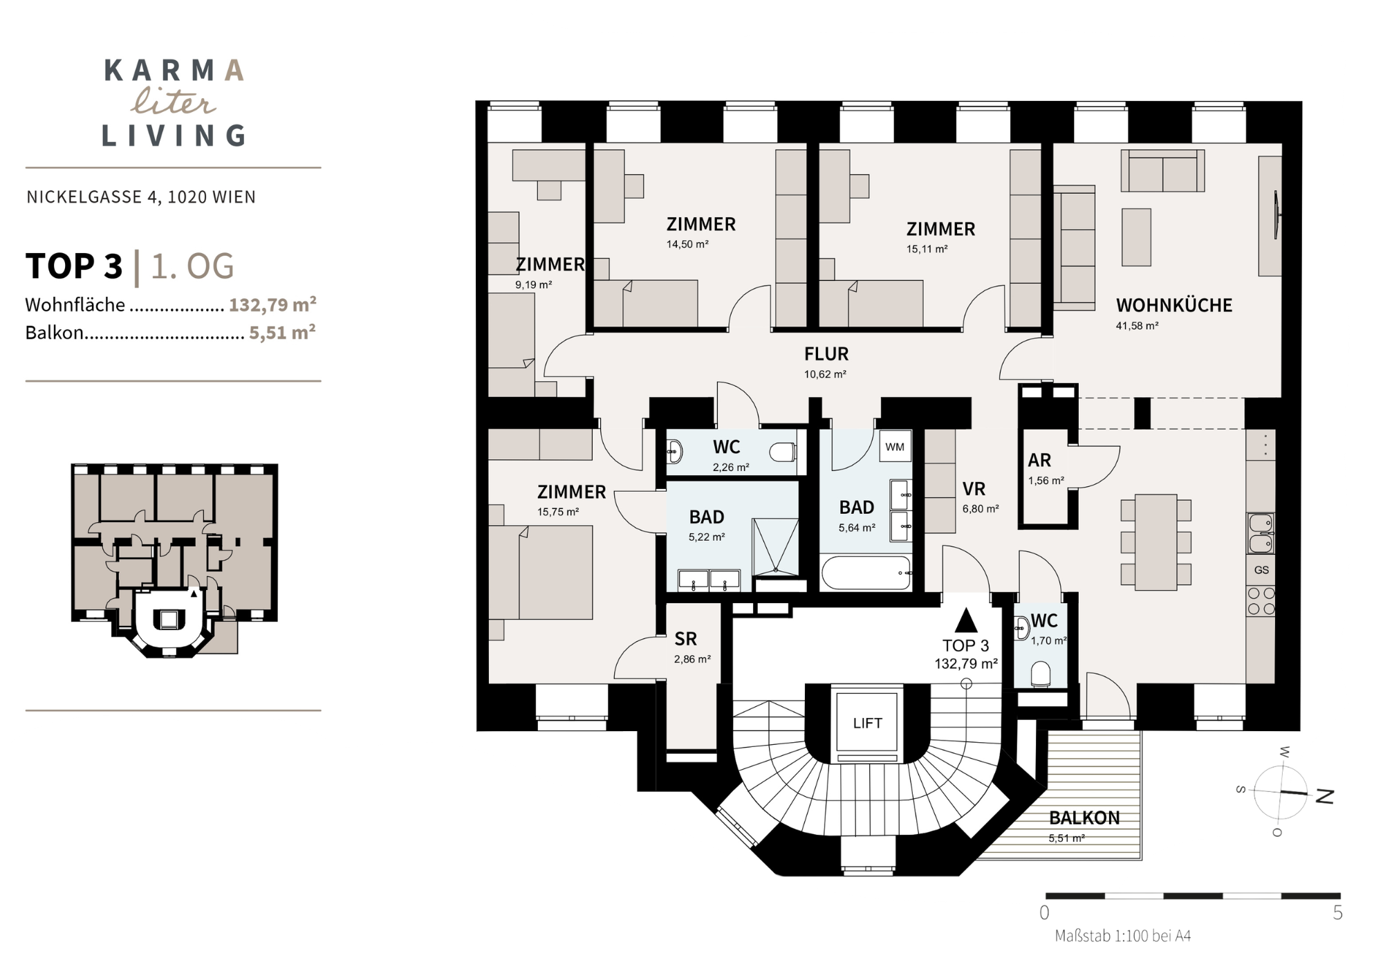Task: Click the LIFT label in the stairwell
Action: tap(867, 723)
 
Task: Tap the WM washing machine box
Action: tap(895, 447)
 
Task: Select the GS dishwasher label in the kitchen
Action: tap(1261, 571)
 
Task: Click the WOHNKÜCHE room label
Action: tap(1174, 305)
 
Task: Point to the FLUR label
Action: tap(826, 354)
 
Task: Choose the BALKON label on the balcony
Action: tap(1084, 818)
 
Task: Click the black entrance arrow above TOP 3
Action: tap(966, 620)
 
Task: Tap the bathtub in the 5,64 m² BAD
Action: tap(866, 573)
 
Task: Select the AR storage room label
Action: tap(1039, 460)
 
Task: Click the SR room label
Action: tap(686, 639)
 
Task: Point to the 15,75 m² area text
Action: tap(558, 513)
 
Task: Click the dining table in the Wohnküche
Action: tap(1155, 542)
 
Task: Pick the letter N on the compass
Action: tap(1323, 796)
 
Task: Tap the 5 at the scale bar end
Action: tap(1337, 913)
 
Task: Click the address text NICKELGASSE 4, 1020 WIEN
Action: tap(141, 197)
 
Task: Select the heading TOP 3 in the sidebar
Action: tap(74, 266)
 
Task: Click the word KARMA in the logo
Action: tap(174, 71)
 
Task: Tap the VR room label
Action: tap(974, 489)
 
